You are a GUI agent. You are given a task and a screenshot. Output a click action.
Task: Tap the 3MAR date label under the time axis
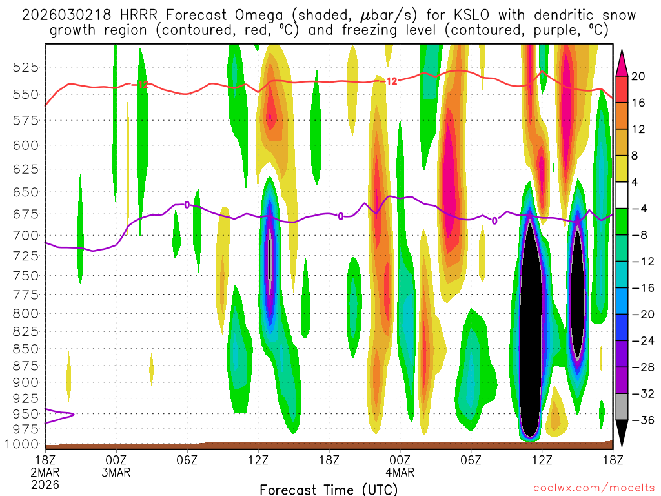pos(116,471)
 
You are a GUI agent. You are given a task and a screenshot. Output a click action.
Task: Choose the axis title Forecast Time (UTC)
pos(329,489)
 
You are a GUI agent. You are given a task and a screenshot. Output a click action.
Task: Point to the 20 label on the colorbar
pos(638,76)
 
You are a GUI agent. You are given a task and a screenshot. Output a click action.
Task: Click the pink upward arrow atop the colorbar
pos(621,62)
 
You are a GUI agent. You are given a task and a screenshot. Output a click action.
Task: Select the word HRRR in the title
pos(134,15)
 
